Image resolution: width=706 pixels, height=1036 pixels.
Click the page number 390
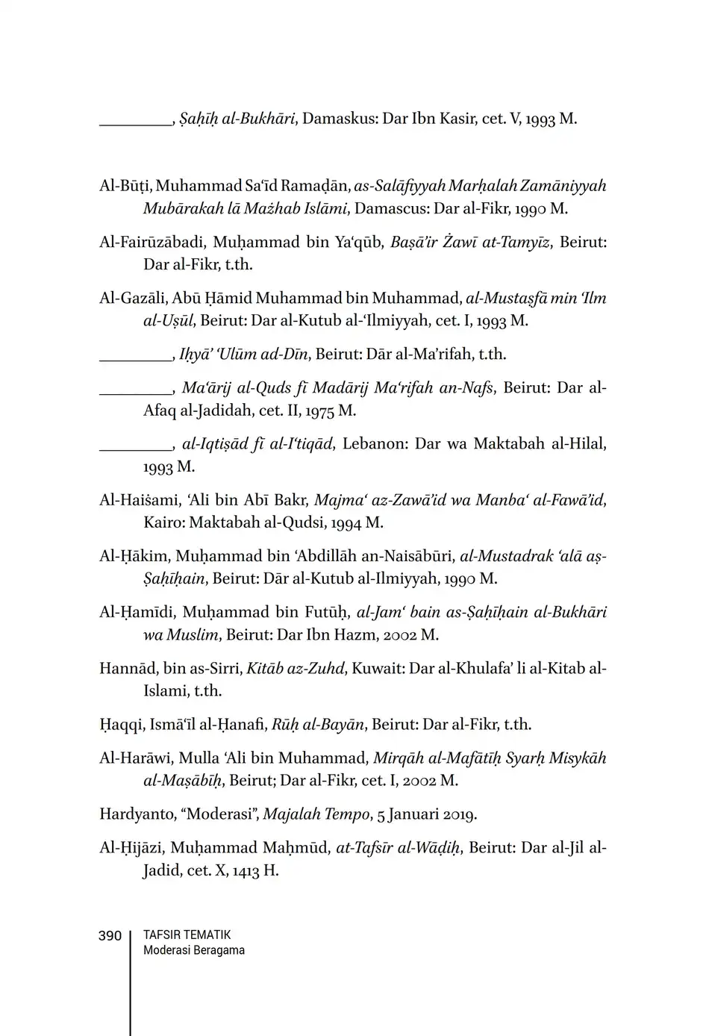point(110,936)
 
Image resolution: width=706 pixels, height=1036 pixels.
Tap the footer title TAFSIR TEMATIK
point(187,934)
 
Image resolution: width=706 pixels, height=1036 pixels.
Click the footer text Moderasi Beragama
point(194,950)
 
